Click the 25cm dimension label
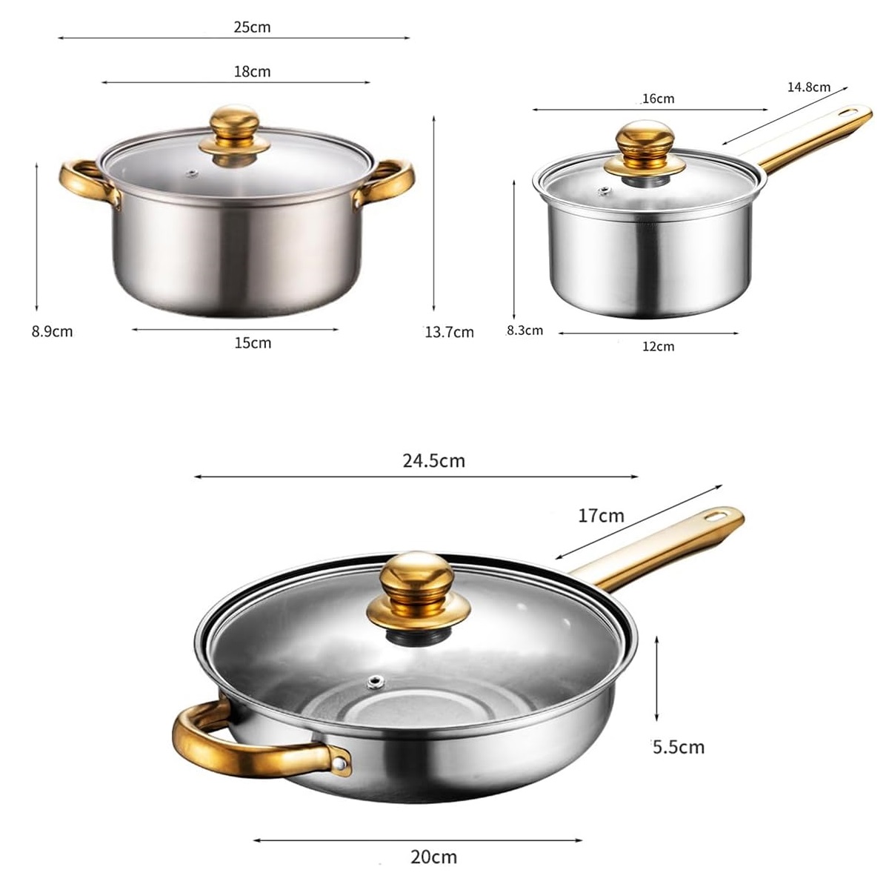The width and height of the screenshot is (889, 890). tap(252, 27)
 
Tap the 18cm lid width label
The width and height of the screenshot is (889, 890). tap(252, 72)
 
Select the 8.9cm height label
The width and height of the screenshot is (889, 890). tap(52, 331)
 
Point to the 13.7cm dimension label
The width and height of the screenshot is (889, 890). tap(450, 332)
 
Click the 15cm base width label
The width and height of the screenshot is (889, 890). tap(253, 343)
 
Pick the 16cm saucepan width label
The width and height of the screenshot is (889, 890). tap(658, 99)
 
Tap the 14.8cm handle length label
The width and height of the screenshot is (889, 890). tap(809, 87)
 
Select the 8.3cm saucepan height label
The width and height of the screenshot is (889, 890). tap(525, 331)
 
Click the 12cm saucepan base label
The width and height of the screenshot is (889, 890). tap(658, 346)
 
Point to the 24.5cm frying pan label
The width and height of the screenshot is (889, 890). tap(433, 460)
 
